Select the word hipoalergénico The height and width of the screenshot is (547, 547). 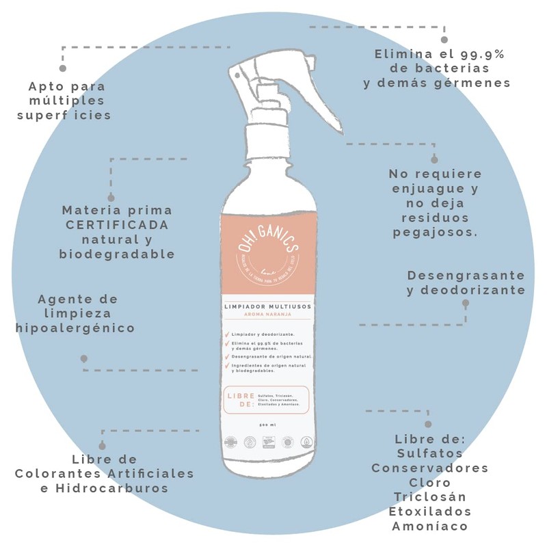[x=75, y=328]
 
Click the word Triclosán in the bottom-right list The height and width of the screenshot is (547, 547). [x=429, y=496]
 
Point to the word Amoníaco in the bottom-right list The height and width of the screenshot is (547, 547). [x=429, y=526]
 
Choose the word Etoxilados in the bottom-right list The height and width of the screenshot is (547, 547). [x=429, y=511]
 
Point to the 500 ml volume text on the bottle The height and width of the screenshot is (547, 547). [x=267, y=426]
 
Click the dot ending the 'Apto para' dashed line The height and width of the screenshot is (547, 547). [x=63, y=68]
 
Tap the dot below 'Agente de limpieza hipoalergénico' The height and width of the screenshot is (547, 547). [x=84, y=358]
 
